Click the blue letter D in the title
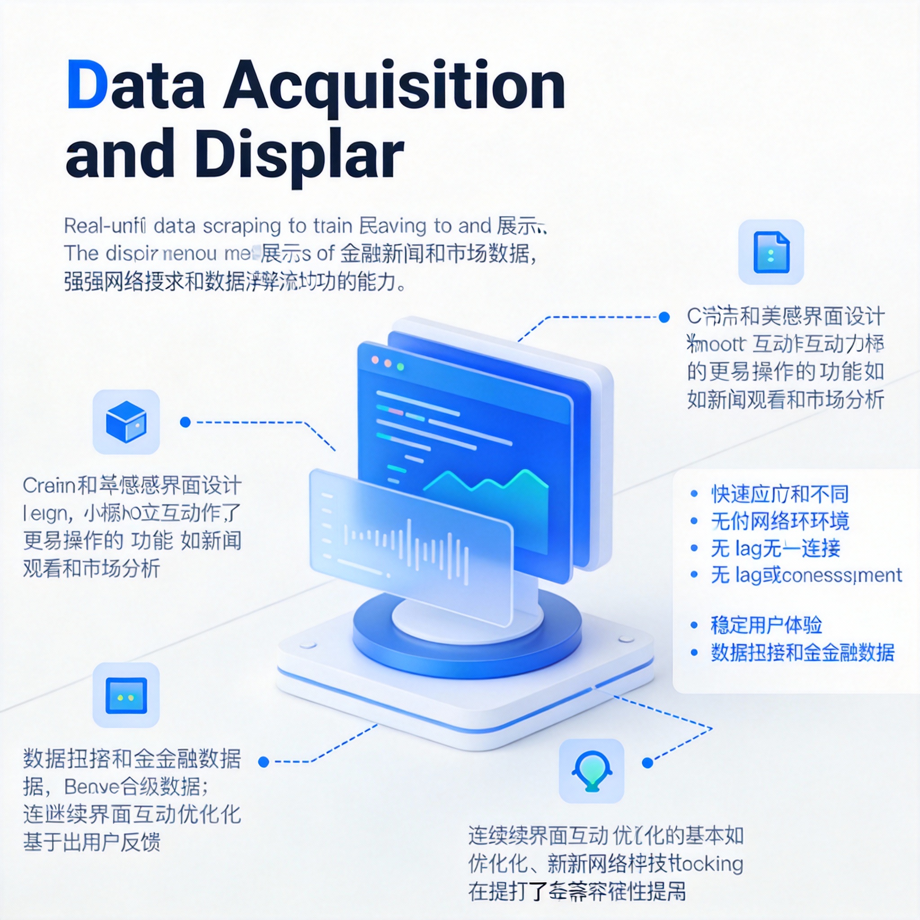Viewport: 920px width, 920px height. coord(87,84)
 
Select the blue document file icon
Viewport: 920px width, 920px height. coord(771,252)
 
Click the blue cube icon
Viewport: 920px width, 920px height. coord(126,422)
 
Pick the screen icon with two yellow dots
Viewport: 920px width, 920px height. coord(126,696)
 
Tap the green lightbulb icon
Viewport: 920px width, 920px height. coord(592,771)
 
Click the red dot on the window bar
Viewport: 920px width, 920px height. coord(375,360)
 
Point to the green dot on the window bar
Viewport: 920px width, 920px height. coord(400,367)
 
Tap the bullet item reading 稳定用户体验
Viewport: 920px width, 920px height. coord(766,625)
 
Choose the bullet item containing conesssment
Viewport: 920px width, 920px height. coord(806,575)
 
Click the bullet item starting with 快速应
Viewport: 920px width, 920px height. coord(779,494)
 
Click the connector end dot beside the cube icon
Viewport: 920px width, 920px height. coord(185,422)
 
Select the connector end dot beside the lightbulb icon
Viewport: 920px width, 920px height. coord(647,763)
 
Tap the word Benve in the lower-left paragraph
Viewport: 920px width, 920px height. coord(91,787)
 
